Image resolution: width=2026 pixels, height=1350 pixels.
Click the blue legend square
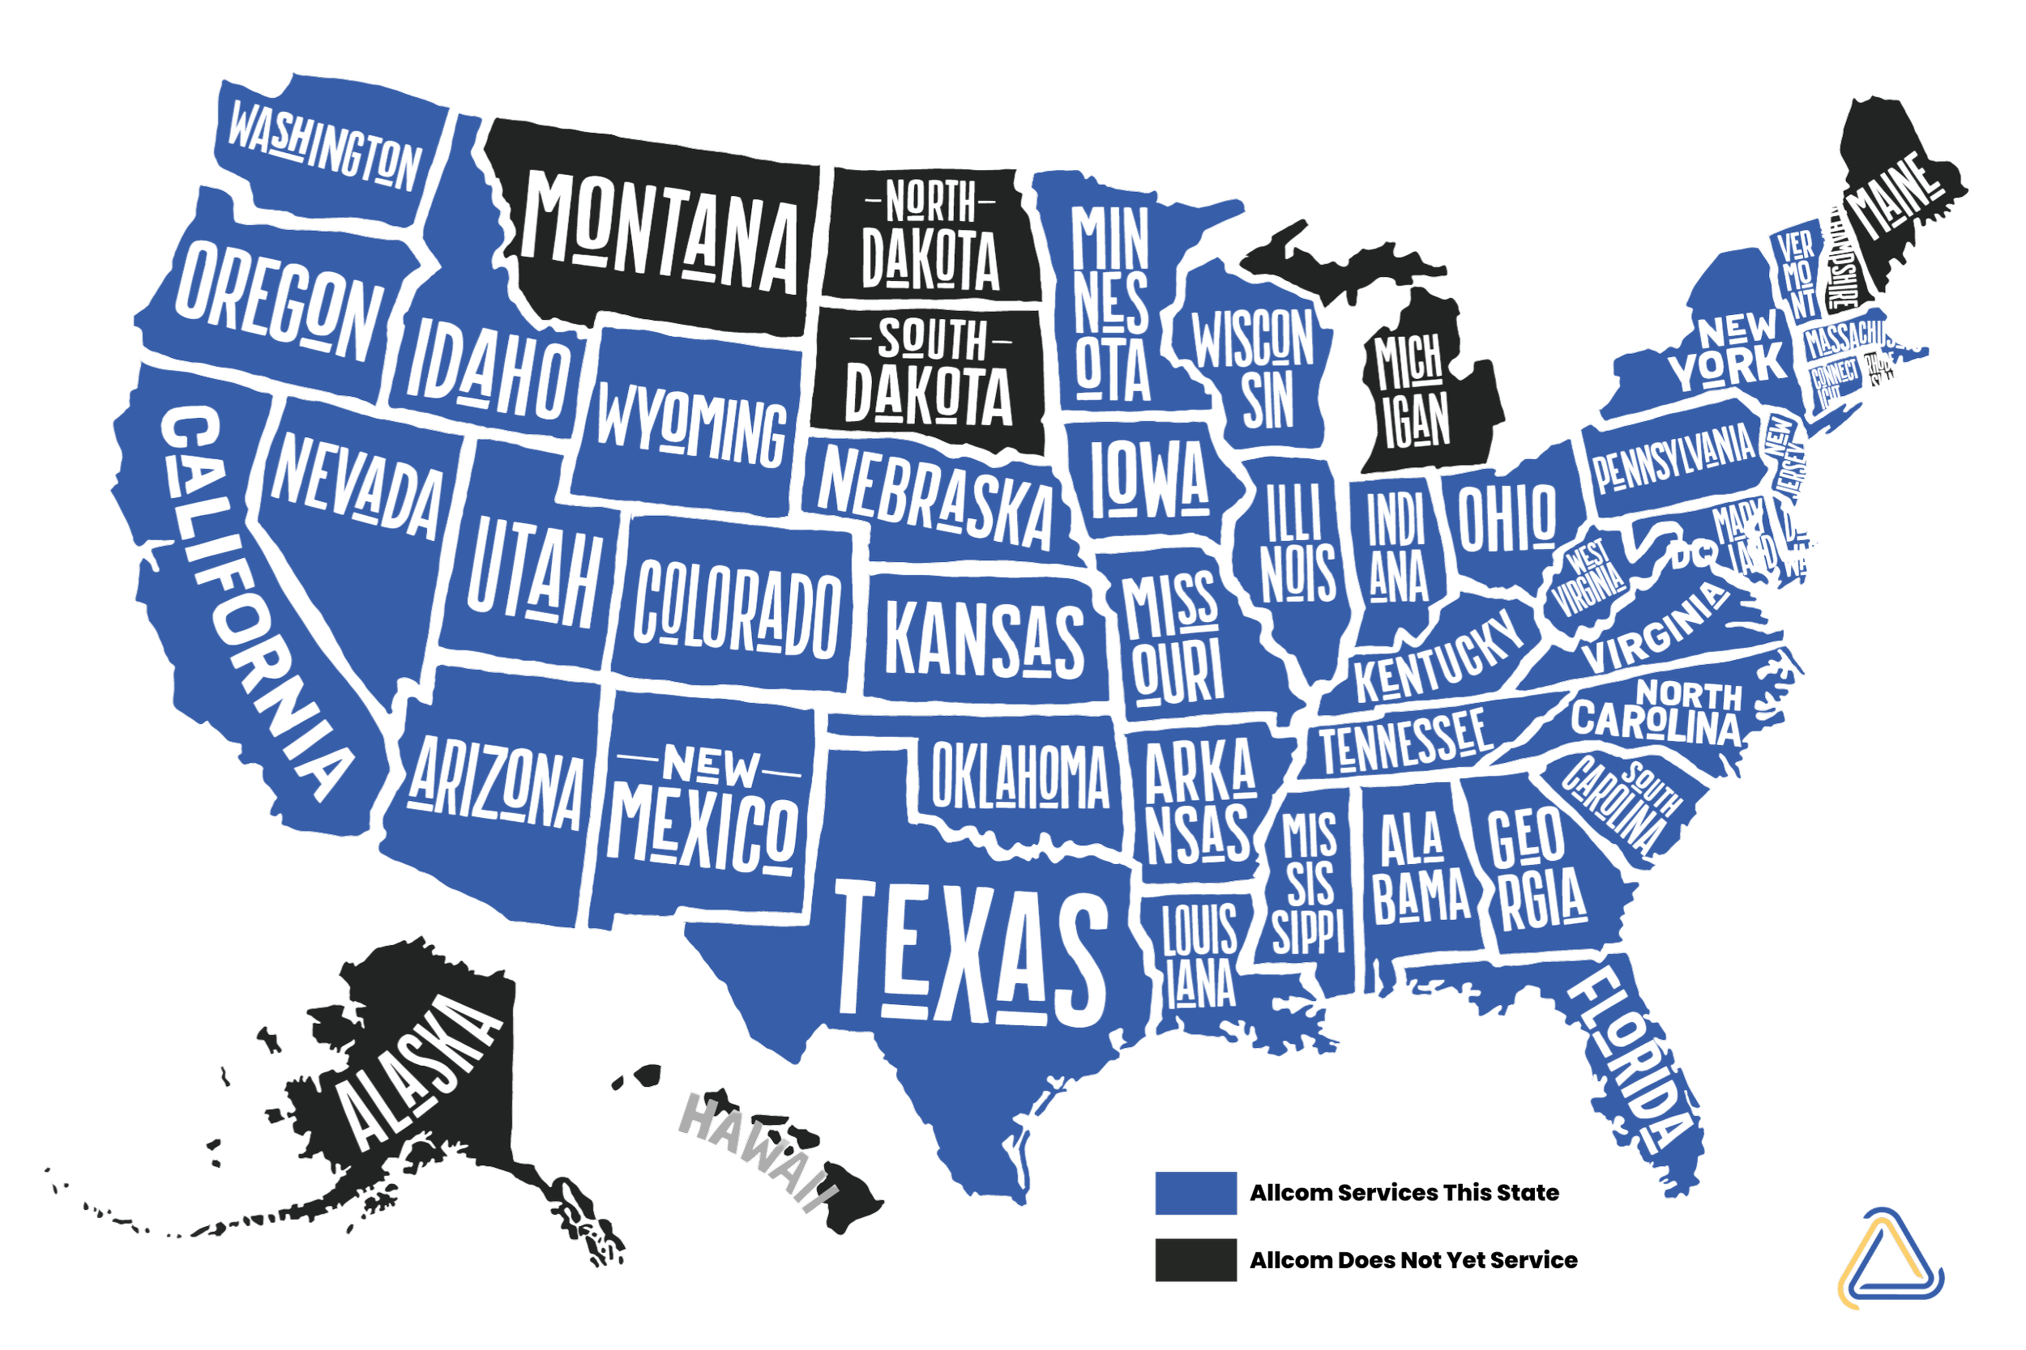pos(1195,1192)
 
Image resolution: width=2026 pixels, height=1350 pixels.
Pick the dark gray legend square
pos(1195,1259)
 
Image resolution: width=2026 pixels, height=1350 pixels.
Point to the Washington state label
pos(323,147)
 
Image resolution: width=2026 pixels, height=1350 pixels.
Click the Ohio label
pos(1507,517)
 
